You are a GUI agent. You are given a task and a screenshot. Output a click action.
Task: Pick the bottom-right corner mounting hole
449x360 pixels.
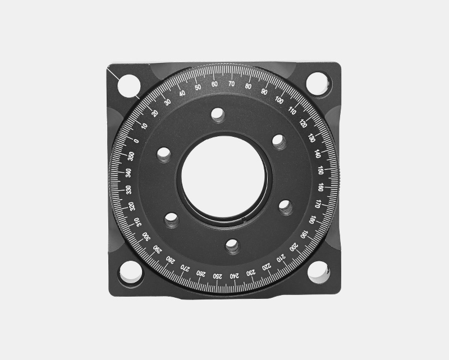click(x=318, y=273)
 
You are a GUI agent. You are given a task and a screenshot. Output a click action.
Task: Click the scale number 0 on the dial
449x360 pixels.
click(x=136, y=140)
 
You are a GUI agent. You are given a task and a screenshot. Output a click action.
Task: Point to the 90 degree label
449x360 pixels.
click(x=264, y=91)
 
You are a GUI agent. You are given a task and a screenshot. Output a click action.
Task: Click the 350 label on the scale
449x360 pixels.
click(x=131, y=155)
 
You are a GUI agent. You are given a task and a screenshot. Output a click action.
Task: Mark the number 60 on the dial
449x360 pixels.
click(x=214, y=84)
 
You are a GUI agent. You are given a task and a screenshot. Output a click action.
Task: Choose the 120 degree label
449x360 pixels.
click(x=303, y=123)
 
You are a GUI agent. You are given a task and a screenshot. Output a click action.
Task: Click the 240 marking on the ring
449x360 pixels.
click(x=234, y=275)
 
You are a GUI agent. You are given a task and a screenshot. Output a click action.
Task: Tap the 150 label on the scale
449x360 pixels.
click(x=320, y=170)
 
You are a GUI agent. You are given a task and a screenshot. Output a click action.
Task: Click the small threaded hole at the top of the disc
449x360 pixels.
click(x=217, y=116)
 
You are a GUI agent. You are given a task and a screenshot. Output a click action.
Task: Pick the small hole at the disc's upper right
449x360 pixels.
click(x=279, y=141)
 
